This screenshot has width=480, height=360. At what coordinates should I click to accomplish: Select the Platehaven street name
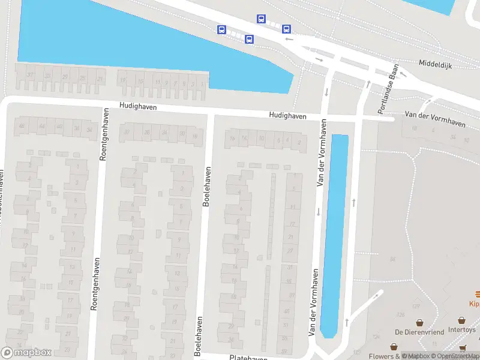click(248, 358)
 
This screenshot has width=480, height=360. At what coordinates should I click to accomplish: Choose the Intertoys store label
click(461, 329)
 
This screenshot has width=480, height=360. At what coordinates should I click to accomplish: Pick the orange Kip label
click(474, 304)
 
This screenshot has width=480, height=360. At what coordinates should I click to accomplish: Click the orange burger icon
click(478, 293)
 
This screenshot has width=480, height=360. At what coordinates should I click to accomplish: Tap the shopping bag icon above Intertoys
click(461, 320)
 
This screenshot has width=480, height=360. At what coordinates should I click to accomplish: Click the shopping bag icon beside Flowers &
click(394, 347)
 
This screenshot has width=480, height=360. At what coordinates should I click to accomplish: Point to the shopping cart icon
click(462, 347)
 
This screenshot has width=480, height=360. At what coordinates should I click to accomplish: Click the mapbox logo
click(26, 352)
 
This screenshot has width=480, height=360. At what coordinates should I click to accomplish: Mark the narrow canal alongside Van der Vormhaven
click(335, 234)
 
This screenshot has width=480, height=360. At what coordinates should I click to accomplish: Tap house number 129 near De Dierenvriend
click(416, 307)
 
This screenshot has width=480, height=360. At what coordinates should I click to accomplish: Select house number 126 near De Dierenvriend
click(401, 314)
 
